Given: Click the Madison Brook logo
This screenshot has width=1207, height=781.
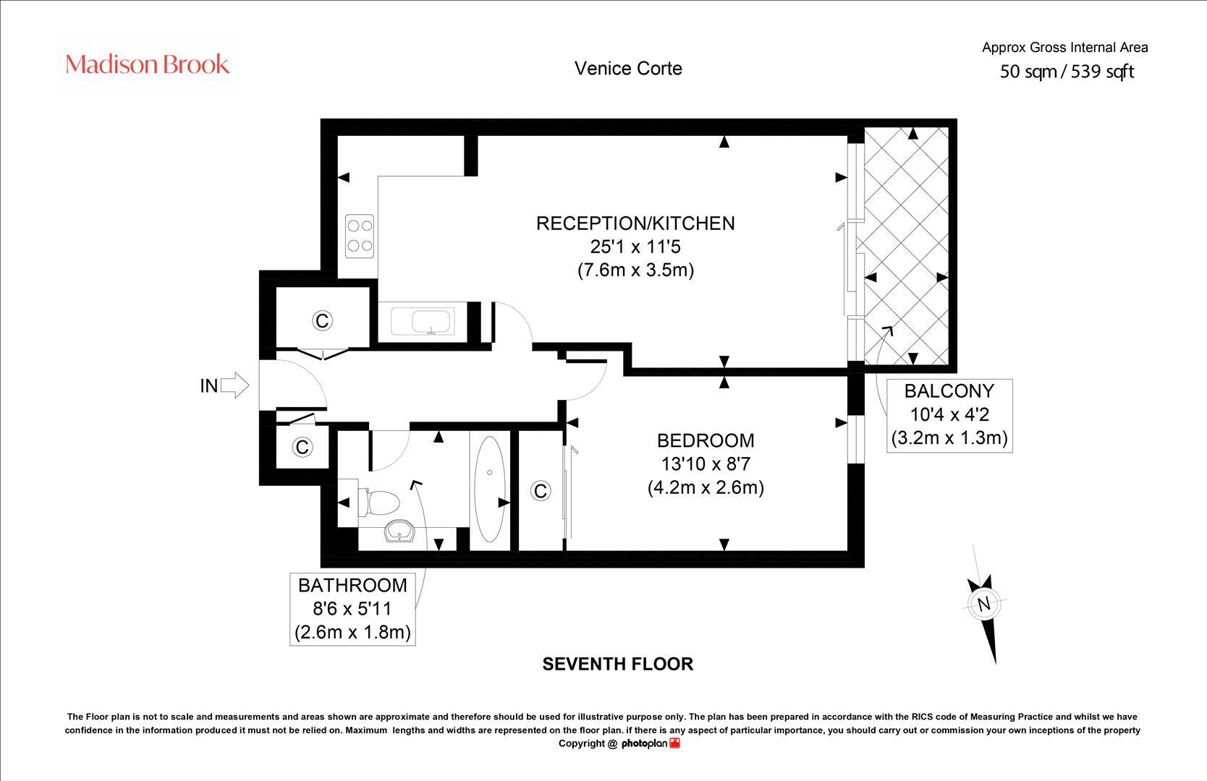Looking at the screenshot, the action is (147, 64).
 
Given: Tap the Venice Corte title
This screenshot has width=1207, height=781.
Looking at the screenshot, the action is (628, 69).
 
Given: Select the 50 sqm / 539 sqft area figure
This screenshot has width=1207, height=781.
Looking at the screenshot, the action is (1067, 72).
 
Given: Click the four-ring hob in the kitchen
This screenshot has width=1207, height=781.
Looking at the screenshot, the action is (360, 236).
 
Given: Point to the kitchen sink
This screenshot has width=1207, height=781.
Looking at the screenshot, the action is (422, 322).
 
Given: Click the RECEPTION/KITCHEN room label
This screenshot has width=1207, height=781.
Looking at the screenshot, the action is (635, 223).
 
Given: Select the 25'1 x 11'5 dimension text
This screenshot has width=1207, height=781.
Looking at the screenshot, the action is (635, 247).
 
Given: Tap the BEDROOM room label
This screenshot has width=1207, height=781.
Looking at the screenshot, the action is (706, 440).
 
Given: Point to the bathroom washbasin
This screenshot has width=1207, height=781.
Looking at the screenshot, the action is (399, 531).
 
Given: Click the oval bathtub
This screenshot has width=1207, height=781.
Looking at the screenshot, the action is (490, 489).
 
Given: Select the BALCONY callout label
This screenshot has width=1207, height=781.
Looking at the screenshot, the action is (949, 391).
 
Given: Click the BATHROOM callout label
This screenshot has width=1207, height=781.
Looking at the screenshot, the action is (352, 586).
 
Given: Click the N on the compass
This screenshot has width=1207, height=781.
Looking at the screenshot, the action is (984, 604).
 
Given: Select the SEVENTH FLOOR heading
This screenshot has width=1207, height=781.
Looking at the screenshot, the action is (617, 664).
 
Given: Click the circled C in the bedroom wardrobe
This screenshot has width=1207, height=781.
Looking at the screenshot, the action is (541, 491).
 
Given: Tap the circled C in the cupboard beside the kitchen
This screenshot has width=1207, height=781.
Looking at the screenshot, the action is (322, 321).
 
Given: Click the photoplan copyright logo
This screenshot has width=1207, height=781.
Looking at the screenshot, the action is (651, 744).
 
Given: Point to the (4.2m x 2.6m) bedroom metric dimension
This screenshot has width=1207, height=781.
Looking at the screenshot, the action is (706, 487).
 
